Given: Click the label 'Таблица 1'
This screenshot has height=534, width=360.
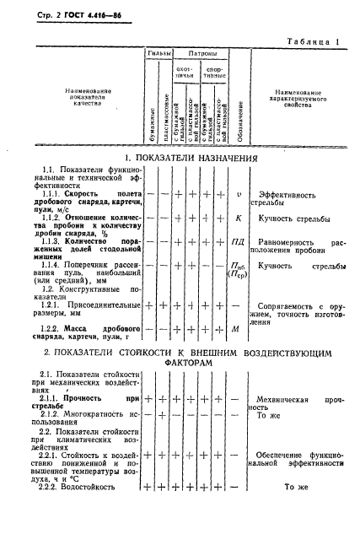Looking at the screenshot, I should pos(311,40).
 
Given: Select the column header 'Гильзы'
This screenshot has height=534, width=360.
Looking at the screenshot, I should pos(160,52).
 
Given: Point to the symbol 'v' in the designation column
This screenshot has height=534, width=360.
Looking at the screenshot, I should pos(239,194).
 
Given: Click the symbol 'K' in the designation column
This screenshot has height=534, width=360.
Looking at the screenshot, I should pos(239,219).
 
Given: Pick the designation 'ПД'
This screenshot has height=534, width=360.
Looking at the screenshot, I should pos(239,242).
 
